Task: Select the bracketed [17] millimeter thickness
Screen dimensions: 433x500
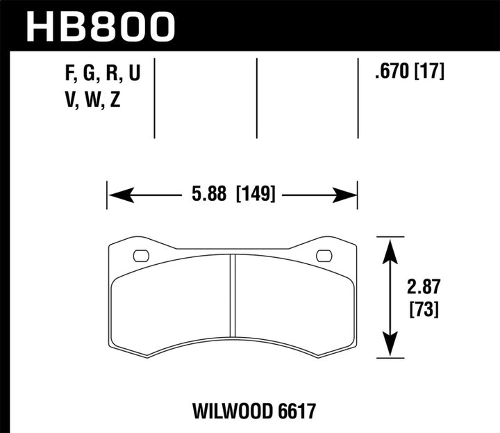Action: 430,71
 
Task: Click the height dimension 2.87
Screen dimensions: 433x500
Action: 422,286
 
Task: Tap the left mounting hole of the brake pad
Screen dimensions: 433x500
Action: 140,255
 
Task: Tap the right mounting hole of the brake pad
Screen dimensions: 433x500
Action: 324,255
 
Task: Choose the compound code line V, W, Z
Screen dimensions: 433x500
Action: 92,101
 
